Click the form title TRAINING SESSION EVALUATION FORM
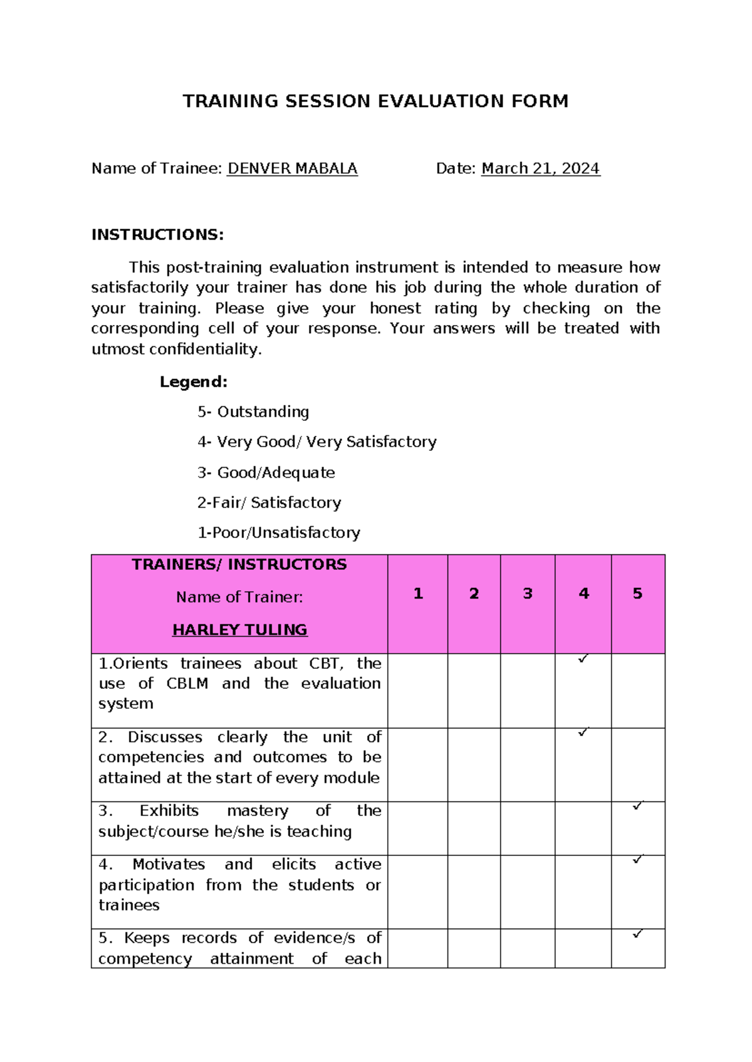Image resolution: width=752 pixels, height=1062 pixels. click(375, 101)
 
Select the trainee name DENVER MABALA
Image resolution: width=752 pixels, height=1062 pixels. click(292, 168)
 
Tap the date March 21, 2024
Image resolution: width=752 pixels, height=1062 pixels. click(540, 168)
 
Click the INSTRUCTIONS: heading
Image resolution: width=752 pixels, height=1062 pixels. click(157, 235)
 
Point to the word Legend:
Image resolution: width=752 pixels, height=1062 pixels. click(194, 381)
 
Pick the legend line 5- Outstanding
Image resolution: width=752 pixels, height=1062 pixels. click(253, 412)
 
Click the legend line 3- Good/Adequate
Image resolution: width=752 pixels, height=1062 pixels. click(266, 473)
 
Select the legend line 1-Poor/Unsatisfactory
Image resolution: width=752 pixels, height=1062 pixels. click(279, 533)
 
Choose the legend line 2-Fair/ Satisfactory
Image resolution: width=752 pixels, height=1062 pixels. click(269, 503)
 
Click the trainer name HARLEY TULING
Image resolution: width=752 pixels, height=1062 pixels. click(240, 630)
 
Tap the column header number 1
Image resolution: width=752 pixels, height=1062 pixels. click(418, 594)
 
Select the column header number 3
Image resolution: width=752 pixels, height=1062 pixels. click(528, 594)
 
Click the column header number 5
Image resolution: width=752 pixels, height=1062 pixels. click(637, 594)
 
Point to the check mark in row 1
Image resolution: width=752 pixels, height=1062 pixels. click(583, 659)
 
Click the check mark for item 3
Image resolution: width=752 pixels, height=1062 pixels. click(638, 806)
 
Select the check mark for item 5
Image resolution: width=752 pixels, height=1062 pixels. click(638, 934)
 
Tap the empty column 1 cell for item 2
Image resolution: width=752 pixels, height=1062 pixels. click(417, 765)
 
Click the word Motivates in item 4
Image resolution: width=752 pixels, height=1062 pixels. click(169, 865)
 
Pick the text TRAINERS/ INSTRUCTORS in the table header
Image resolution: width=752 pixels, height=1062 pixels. click(239, 565)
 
